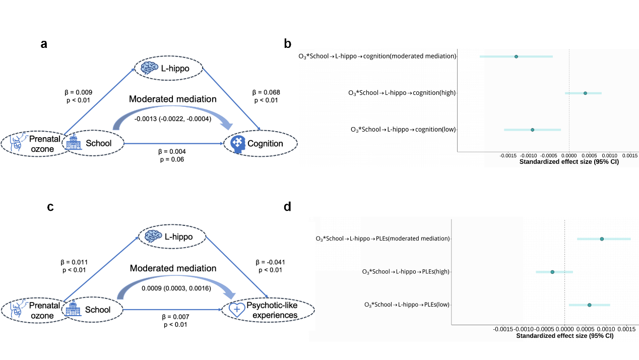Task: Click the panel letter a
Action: [x=44, y=44]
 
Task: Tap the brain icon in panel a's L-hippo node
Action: [x=149, y=68]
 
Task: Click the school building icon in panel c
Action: [x=74, y=309]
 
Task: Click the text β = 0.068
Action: [x=266, y=92]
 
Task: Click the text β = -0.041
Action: [x=271, y=262]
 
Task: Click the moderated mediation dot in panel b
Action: [x=516, y=56]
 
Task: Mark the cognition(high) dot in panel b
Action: [x=585, y=93]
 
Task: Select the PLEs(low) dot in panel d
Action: [x=589, y=305]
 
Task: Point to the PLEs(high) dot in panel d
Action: [x=552, y=272]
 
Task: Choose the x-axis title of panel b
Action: [x=568, y=162]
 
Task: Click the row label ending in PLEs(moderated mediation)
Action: [x=382, y=238]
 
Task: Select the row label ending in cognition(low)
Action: [x=403, y=130]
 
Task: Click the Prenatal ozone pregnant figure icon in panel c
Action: [x=17, y=309]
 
